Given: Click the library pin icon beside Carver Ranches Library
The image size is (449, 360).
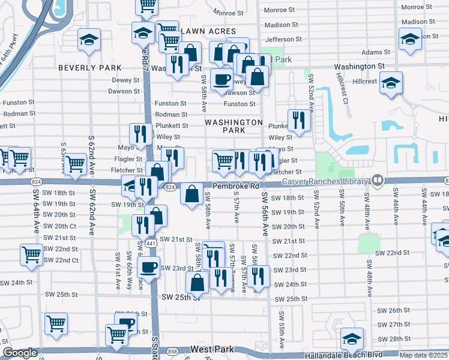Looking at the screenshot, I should (377, 179).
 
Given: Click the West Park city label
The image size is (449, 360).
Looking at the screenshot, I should (210, 349).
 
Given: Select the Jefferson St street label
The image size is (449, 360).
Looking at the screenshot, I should (283, 39).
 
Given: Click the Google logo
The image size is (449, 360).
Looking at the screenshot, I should (20, 353).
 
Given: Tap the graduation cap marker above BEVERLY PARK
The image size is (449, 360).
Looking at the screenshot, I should (89, 40).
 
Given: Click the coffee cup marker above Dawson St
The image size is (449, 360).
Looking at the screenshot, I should (221, 78).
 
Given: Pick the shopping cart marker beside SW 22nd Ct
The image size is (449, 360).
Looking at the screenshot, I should (31, 253).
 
